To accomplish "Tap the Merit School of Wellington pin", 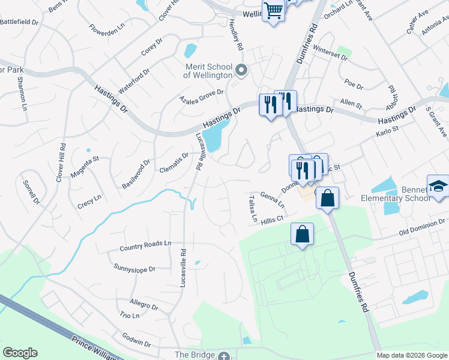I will pos(241,71).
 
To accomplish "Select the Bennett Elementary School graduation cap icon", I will pos(438,186).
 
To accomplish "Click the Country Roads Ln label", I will pos(145,246).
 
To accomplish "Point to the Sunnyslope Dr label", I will pos(133,267).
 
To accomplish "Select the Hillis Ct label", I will pos(272,220).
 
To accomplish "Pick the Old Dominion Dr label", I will pos(423,229).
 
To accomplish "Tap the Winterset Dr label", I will pos(334,55).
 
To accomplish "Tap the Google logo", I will pos(20,353).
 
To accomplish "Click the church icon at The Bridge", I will pos(224,356).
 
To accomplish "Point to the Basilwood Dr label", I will pos(136,173).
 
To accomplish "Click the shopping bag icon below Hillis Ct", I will pos(303,234).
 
